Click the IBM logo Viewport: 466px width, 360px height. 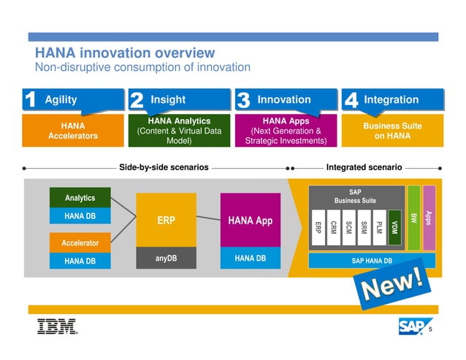[57, 326]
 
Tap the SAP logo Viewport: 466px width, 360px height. [412, 326]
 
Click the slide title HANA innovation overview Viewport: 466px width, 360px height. [125, 53]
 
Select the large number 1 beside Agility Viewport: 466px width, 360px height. [30, 101]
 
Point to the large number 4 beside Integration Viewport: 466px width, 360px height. [350, 101]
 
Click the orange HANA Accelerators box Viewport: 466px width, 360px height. [72, 131]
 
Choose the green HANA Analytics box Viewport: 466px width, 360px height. [179, 131]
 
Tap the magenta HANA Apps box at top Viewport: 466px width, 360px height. [286, 131]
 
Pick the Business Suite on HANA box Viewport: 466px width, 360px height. [392, 131]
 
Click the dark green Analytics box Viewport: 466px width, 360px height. [80, 198]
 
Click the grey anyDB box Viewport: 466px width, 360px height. [166, 258]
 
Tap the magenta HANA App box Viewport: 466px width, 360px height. [250, 220]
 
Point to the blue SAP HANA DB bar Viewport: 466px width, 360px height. [372, 261]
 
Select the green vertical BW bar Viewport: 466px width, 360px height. [413, 218]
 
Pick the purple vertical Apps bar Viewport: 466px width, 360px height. [429, 218]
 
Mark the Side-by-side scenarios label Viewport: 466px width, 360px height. [164, 167]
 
